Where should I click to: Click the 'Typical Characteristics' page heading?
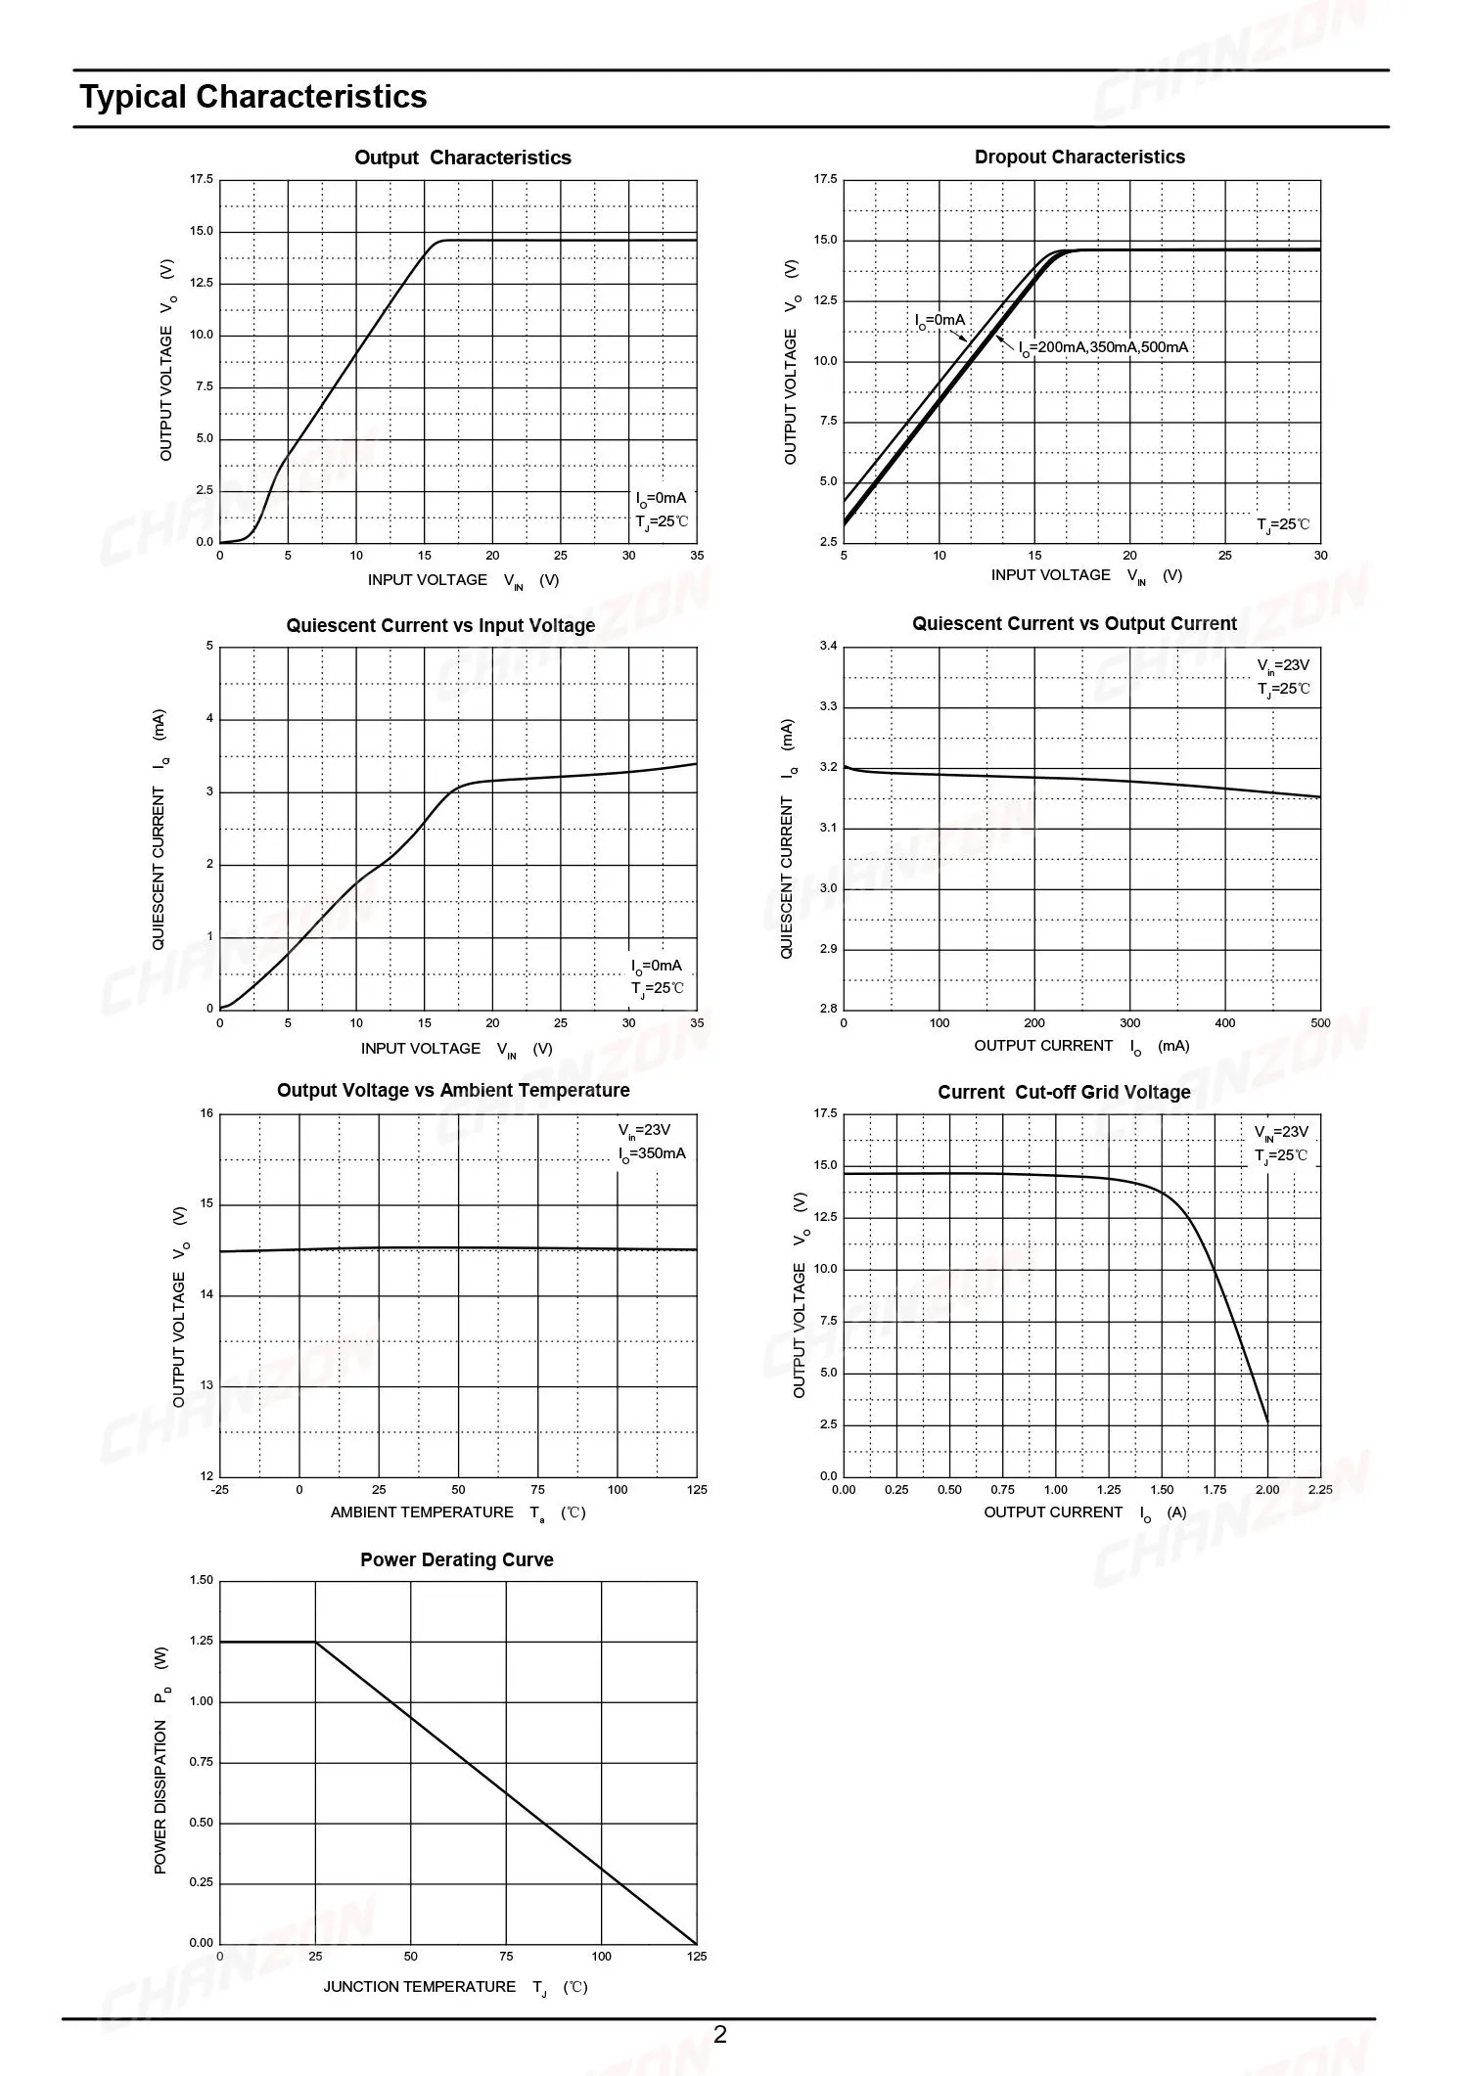[x=253, y=97]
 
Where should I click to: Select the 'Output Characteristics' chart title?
[x=462, y=158]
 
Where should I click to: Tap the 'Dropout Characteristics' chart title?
[x=1078, y=157]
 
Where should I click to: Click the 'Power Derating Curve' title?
[x=456, y=1559]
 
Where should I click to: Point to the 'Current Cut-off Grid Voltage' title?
[x=1064, y=1092]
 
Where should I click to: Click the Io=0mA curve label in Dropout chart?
[x=940, y=320]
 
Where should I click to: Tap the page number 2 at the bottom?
[x=720, y=2034]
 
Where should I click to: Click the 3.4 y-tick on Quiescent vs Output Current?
[x=829, y=646]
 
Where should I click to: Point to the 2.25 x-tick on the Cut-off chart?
[x=1320, y=1489]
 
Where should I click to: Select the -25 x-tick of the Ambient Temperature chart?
[x=219, y=1489]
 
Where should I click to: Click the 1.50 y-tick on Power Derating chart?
[x=201, y=1580]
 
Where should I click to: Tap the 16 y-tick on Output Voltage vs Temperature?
[x=206, y=1113]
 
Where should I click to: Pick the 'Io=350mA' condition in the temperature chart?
[x=652, y=1153]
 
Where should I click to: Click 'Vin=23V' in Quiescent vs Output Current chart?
[x=1282, y=665]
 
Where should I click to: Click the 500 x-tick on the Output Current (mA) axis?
[x=1320, y=1022]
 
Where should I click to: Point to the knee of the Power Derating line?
[x=315, y=1642]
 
